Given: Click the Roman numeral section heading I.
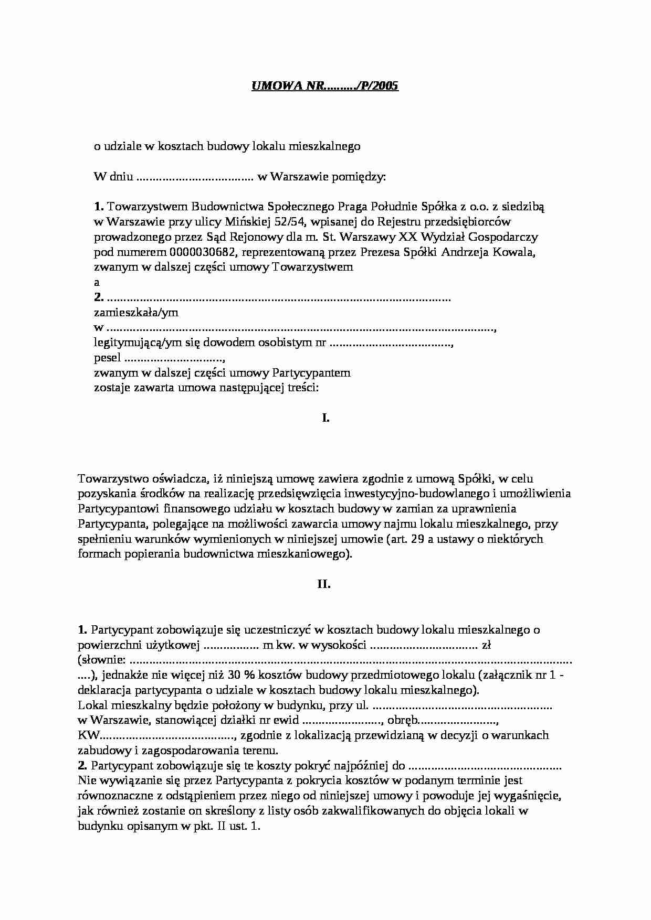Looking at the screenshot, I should (325, 418).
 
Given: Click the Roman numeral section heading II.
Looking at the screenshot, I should (324, 584).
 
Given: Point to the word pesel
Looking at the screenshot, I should (107, 358).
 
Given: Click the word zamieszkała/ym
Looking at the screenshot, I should (136, 313).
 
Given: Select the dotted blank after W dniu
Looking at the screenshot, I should (195, 177).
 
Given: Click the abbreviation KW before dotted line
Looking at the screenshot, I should (88, 735).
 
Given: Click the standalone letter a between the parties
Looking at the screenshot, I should (97, 282).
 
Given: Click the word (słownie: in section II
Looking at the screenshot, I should (101, 660).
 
